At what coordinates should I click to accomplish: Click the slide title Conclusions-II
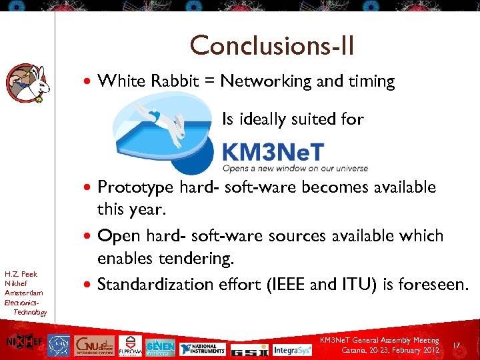point(272,46)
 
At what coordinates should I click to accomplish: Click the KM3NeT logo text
point(273,151)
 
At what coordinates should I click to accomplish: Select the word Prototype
point(136,187)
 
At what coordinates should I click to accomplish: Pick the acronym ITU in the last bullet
point(359,285)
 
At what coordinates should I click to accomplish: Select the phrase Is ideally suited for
point(292,119)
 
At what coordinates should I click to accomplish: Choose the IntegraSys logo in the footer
point(292,349)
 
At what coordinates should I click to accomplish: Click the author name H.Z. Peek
point(21,274)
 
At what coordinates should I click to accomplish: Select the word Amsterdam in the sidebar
point(23,293)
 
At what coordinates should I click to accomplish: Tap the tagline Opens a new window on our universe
point(285,168)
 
